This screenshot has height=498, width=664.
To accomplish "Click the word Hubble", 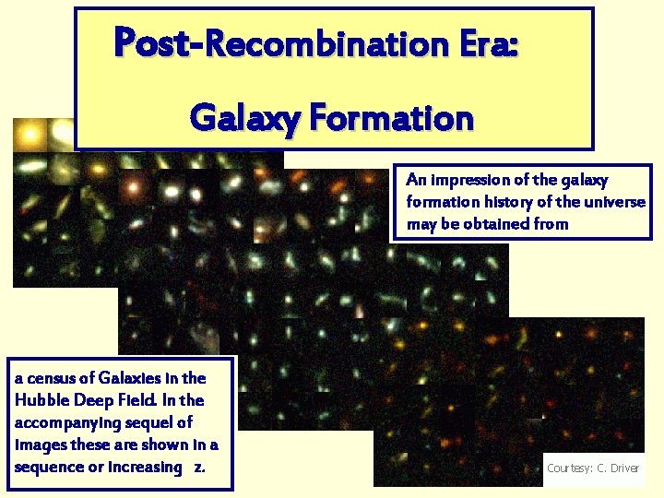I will pyautogui.click(x=40, y=400).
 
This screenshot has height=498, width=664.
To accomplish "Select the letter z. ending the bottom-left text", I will pyautogui.click(x=199, y=467).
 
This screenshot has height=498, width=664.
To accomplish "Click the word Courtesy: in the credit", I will pyautogui.click(x=569, y=468).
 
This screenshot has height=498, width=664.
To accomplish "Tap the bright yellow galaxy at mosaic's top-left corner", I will pyautogui.click(x=30, y=136).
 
